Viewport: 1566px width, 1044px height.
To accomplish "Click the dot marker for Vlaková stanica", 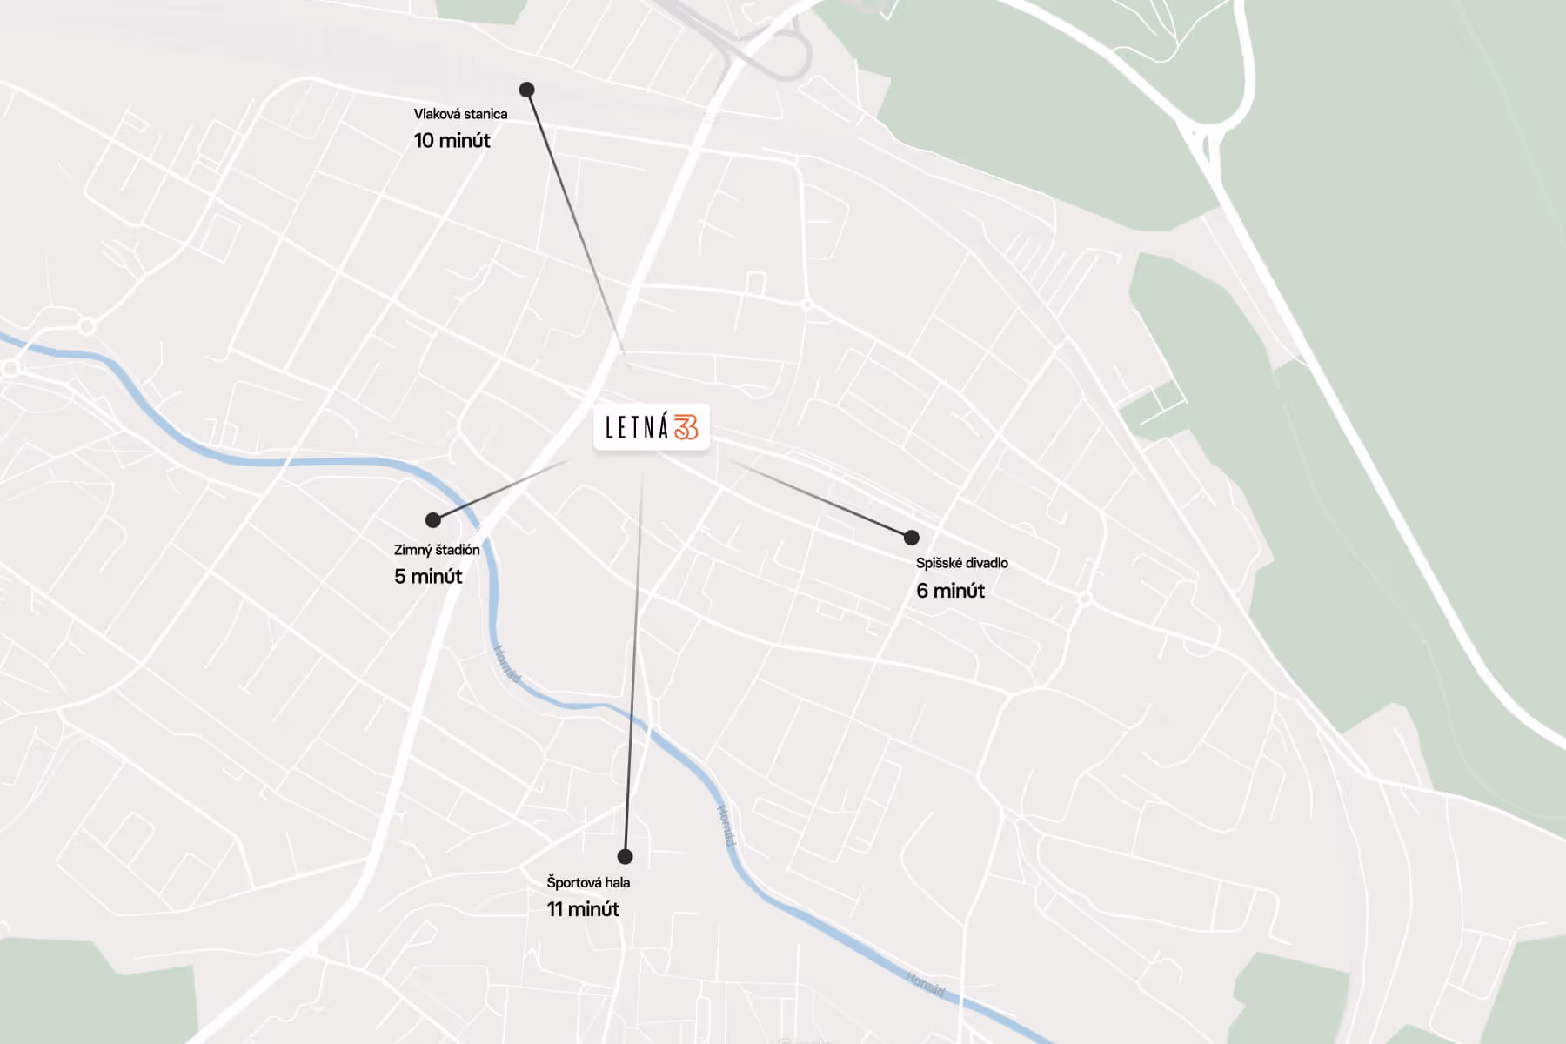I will point(526,90).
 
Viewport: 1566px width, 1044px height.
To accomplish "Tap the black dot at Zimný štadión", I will point(433,520).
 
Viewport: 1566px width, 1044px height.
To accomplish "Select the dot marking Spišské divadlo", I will point(911,538).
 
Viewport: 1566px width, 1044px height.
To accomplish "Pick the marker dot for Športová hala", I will point(625,857).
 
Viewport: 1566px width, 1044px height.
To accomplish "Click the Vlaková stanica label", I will point(460,114).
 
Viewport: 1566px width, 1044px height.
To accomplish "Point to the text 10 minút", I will point(452,141).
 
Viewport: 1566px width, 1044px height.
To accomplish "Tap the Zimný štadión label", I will point(437,550).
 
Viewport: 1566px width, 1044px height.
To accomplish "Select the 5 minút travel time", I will point(428,577).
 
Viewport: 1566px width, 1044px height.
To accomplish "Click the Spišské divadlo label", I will point(961,563).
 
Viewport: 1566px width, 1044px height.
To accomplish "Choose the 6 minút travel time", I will point(950,591).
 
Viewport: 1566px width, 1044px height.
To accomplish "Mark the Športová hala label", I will point(588,882).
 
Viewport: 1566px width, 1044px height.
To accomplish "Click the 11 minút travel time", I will point(583,909).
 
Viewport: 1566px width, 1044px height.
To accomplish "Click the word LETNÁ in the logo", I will point(637,427).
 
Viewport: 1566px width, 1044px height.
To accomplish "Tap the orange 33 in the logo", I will point(686,427).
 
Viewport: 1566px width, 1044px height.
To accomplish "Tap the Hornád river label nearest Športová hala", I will point(726,825).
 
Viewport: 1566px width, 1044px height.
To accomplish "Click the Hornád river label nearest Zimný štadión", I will point(506,664).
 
